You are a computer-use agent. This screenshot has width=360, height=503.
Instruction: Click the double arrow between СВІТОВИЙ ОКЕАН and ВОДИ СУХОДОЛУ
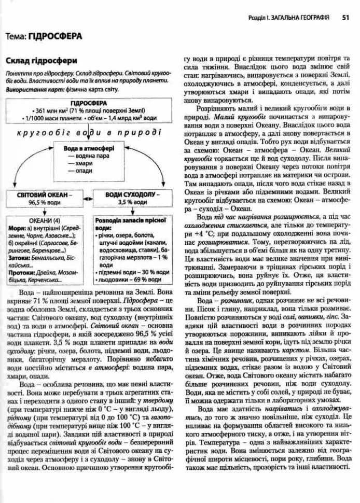[x=87, y=198]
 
